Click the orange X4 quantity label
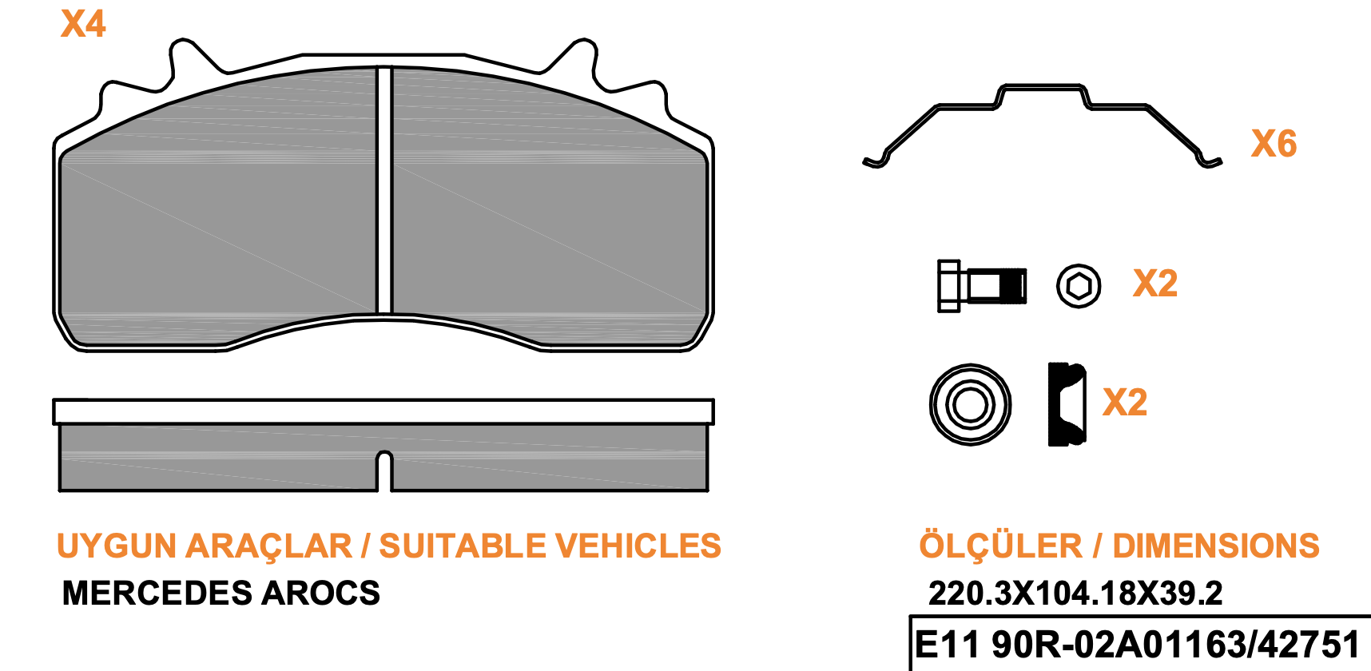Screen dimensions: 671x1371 (83, 24)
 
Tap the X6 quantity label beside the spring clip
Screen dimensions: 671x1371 (1274, 144)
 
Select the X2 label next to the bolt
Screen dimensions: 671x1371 (1155, 284)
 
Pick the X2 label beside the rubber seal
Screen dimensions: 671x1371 (1125, 402)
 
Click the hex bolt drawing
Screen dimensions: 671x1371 (981, 285)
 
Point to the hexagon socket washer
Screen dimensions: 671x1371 (1079, 286)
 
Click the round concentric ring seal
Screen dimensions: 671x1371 (970, 404)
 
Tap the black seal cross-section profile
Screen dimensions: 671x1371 (1066, 404)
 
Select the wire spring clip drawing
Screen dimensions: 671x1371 (1042, 120)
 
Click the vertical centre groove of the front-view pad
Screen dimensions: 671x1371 (384, 192)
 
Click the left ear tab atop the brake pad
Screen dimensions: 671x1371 (184, 60)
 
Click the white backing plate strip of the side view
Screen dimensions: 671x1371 (383, 411)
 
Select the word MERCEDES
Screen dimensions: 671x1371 (157, 594)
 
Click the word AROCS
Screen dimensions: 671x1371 (321, 594)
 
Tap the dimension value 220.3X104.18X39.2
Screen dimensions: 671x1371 (1075, 594)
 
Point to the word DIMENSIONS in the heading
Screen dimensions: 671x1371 (1215, 546)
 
